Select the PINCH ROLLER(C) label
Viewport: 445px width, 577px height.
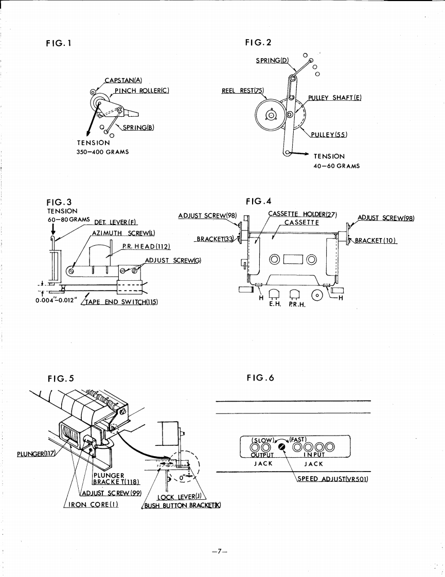coord(143,90)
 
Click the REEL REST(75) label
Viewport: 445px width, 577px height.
coord(242,91)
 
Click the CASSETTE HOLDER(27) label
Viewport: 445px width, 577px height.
coord(302,214)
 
